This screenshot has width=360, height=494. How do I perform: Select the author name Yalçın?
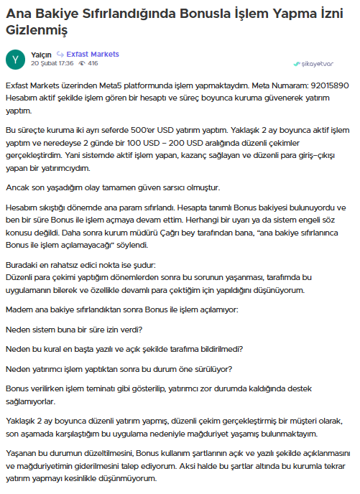pyautogui.click(x=41, y=54)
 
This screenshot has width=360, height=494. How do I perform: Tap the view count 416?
pyautogui.click(x=93, y=63)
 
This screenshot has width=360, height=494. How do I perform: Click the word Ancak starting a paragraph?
pyautogui.click(x=19, y=187)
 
